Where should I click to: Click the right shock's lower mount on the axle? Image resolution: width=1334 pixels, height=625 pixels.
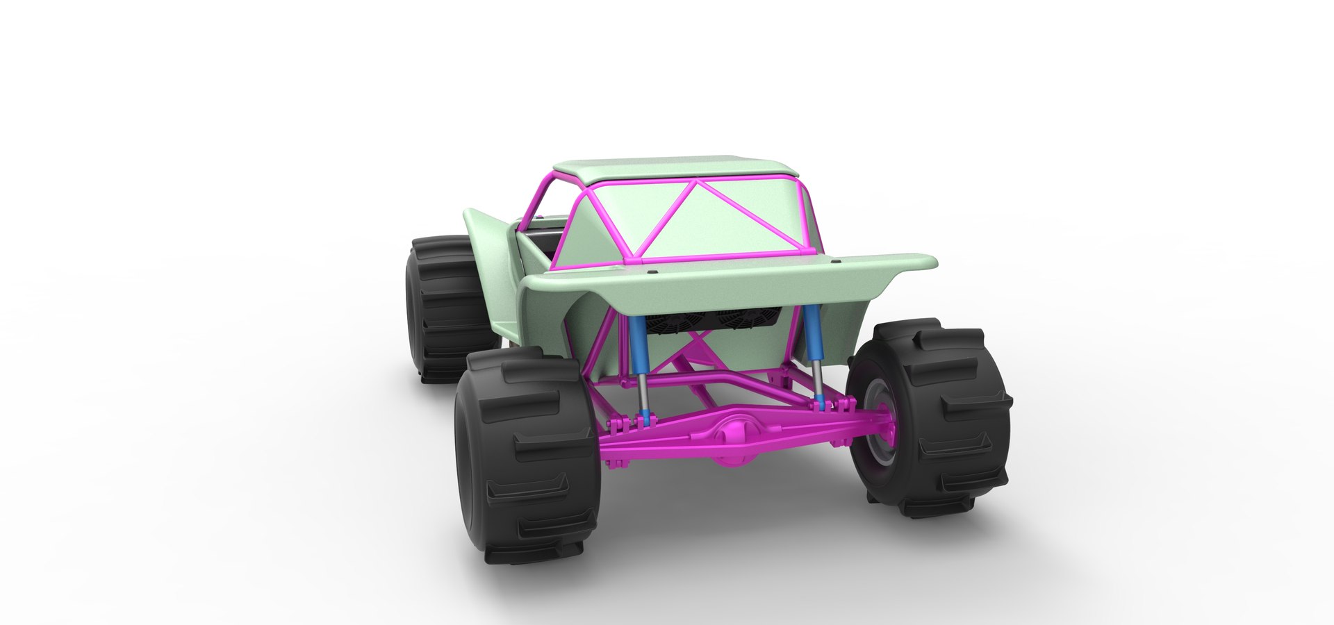[821, 402]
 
